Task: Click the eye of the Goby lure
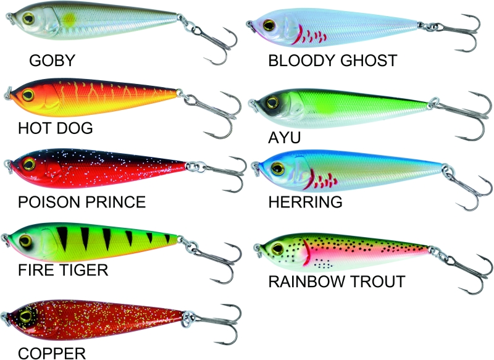(28, 20)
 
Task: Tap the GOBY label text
(52, 61)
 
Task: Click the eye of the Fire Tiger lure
(25, 239)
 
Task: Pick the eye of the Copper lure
(25, 316)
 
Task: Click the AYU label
(284, 137)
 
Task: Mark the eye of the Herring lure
(276, 167)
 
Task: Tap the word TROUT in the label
(376, 282)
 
